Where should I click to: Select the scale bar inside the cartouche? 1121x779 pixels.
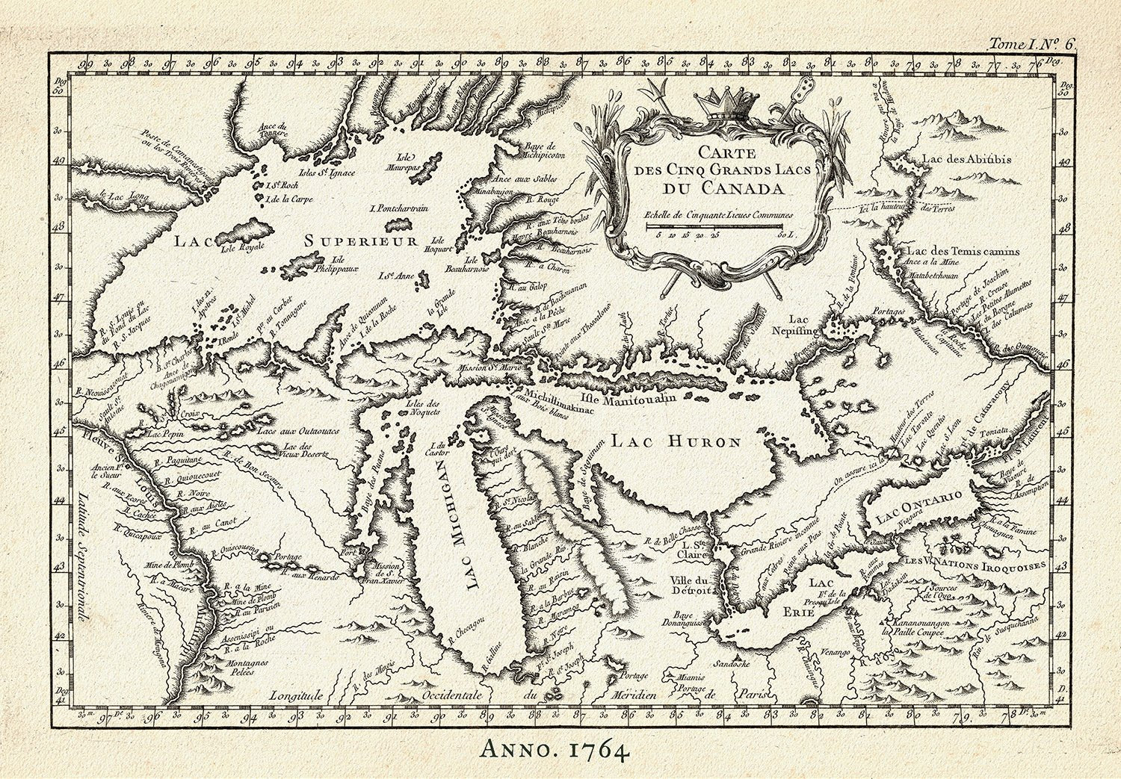pos(715,225)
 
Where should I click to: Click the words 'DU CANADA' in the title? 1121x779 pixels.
pos(715,186)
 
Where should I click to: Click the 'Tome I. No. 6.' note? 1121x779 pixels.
pos(1031,45)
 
